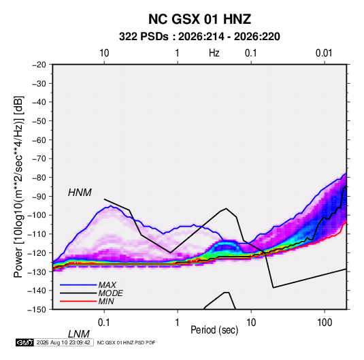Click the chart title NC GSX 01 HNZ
[x=199, y=19]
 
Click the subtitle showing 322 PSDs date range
[x=199, y=37]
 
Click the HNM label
[x=80, y=193]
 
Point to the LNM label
[x=79, y=334]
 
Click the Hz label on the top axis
[x=214, y=53]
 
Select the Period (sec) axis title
[x=214, y=330]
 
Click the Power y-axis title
[x=18, y=186]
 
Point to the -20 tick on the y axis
[x=39, y=65]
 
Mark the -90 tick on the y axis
[x=39, y=197]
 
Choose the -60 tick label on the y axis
[x=39, y=140]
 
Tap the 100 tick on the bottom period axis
[x=325, y=323]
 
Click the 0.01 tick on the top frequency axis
[x=324, y=53]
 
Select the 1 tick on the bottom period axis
[x=178, y=323]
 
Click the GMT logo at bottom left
[x=25, y=342]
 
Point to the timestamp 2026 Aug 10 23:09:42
[x=63, y=342]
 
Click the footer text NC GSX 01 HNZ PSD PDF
[x=126, y=342]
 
